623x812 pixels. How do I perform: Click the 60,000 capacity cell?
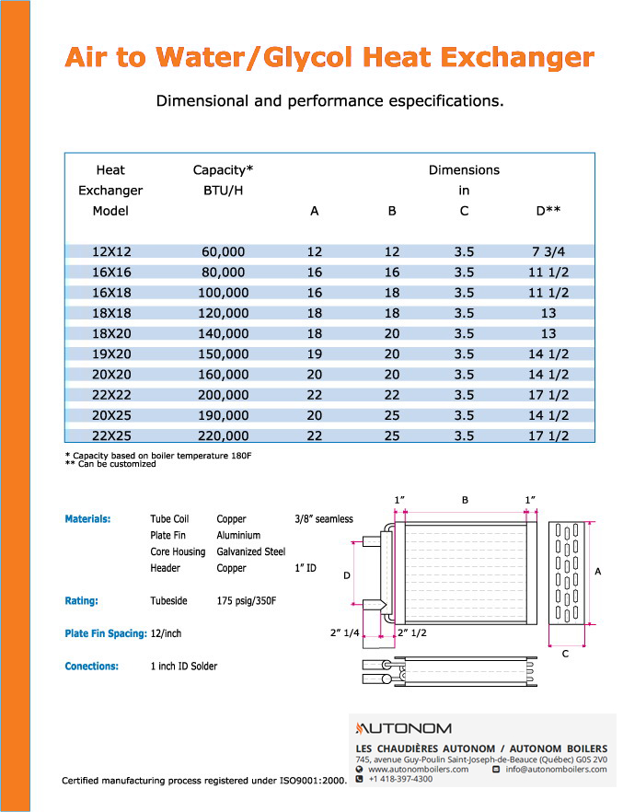pyautogui.click(x=223, y=251)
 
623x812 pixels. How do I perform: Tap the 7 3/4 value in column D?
pyautogui.click(x=548, y=251)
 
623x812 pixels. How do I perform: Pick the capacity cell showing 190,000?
pyautogui.click(x=223, y=415)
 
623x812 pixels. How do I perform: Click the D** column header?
pyautogui.click(x=548, y=211)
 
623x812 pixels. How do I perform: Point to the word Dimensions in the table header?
pyautogui.click(x=464, y=170)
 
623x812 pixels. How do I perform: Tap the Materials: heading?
pyautogui.click(x=87, y=519)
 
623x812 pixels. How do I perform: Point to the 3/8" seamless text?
pyautogui.click(x=324, y=519)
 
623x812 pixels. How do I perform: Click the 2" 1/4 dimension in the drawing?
pyautogui.click(x=345, y=633)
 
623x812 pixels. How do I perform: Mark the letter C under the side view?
pyautogui.click(x=565, y=653)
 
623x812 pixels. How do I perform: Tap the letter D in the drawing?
pyautogui.click(x=347, y=575)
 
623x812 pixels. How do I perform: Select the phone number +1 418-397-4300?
pyautogui.click(x=400, y=780)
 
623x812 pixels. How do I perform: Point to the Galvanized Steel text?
pyautogui.click(x=251, y=552)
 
